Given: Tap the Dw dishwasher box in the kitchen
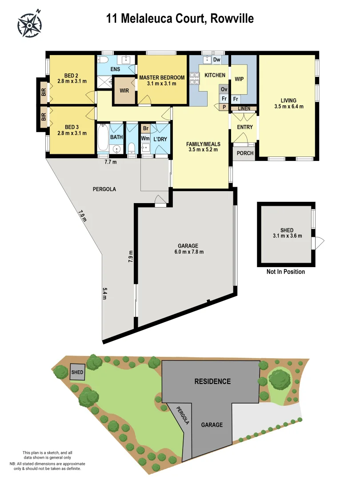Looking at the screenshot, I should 217,60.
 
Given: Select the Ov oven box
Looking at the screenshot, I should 224,89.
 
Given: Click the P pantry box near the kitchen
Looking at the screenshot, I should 224,107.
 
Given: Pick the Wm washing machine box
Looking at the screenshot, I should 145,139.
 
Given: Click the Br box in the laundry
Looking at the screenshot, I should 145,128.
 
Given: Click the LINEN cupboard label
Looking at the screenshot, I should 244,108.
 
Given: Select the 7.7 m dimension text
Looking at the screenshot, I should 110,162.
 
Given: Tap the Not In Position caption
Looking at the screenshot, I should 285,272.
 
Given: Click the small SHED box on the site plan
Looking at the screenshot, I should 77,372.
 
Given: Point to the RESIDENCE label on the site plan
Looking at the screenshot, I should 212,381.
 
